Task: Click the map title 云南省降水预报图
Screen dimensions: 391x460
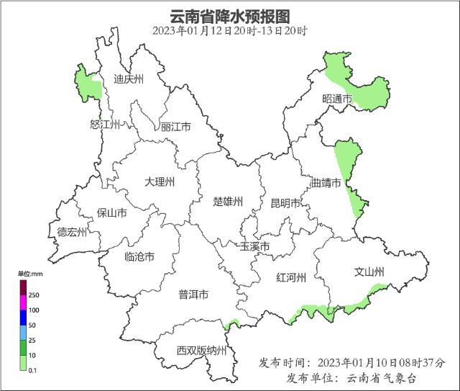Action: point(229,16)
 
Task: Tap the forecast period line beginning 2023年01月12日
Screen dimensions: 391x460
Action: point(229,31)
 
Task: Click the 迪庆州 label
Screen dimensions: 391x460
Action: point(129,79)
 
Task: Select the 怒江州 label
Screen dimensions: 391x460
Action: point(104,125)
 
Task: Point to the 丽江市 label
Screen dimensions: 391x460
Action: point(176,127)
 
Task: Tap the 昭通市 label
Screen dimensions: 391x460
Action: point(337,99)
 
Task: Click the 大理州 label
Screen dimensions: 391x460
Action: point(159,181)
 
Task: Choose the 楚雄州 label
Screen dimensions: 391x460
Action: point(229,201)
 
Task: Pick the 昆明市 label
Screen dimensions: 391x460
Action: point(285,203)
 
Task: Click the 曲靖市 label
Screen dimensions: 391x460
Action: point(326,183)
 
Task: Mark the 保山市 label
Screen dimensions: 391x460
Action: point(112,213)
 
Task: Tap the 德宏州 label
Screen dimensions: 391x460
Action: point(72,232)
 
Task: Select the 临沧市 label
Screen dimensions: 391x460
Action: point(139,256)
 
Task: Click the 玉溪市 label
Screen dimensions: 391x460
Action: point(254,248)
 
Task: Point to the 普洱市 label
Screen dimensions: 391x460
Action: point(193,295)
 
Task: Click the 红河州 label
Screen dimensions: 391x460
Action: point(292,277)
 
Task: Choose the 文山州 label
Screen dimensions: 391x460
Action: point(369,271)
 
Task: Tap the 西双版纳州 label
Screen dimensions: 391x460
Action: point(201,351)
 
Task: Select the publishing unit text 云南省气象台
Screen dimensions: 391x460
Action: point(382,378)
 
